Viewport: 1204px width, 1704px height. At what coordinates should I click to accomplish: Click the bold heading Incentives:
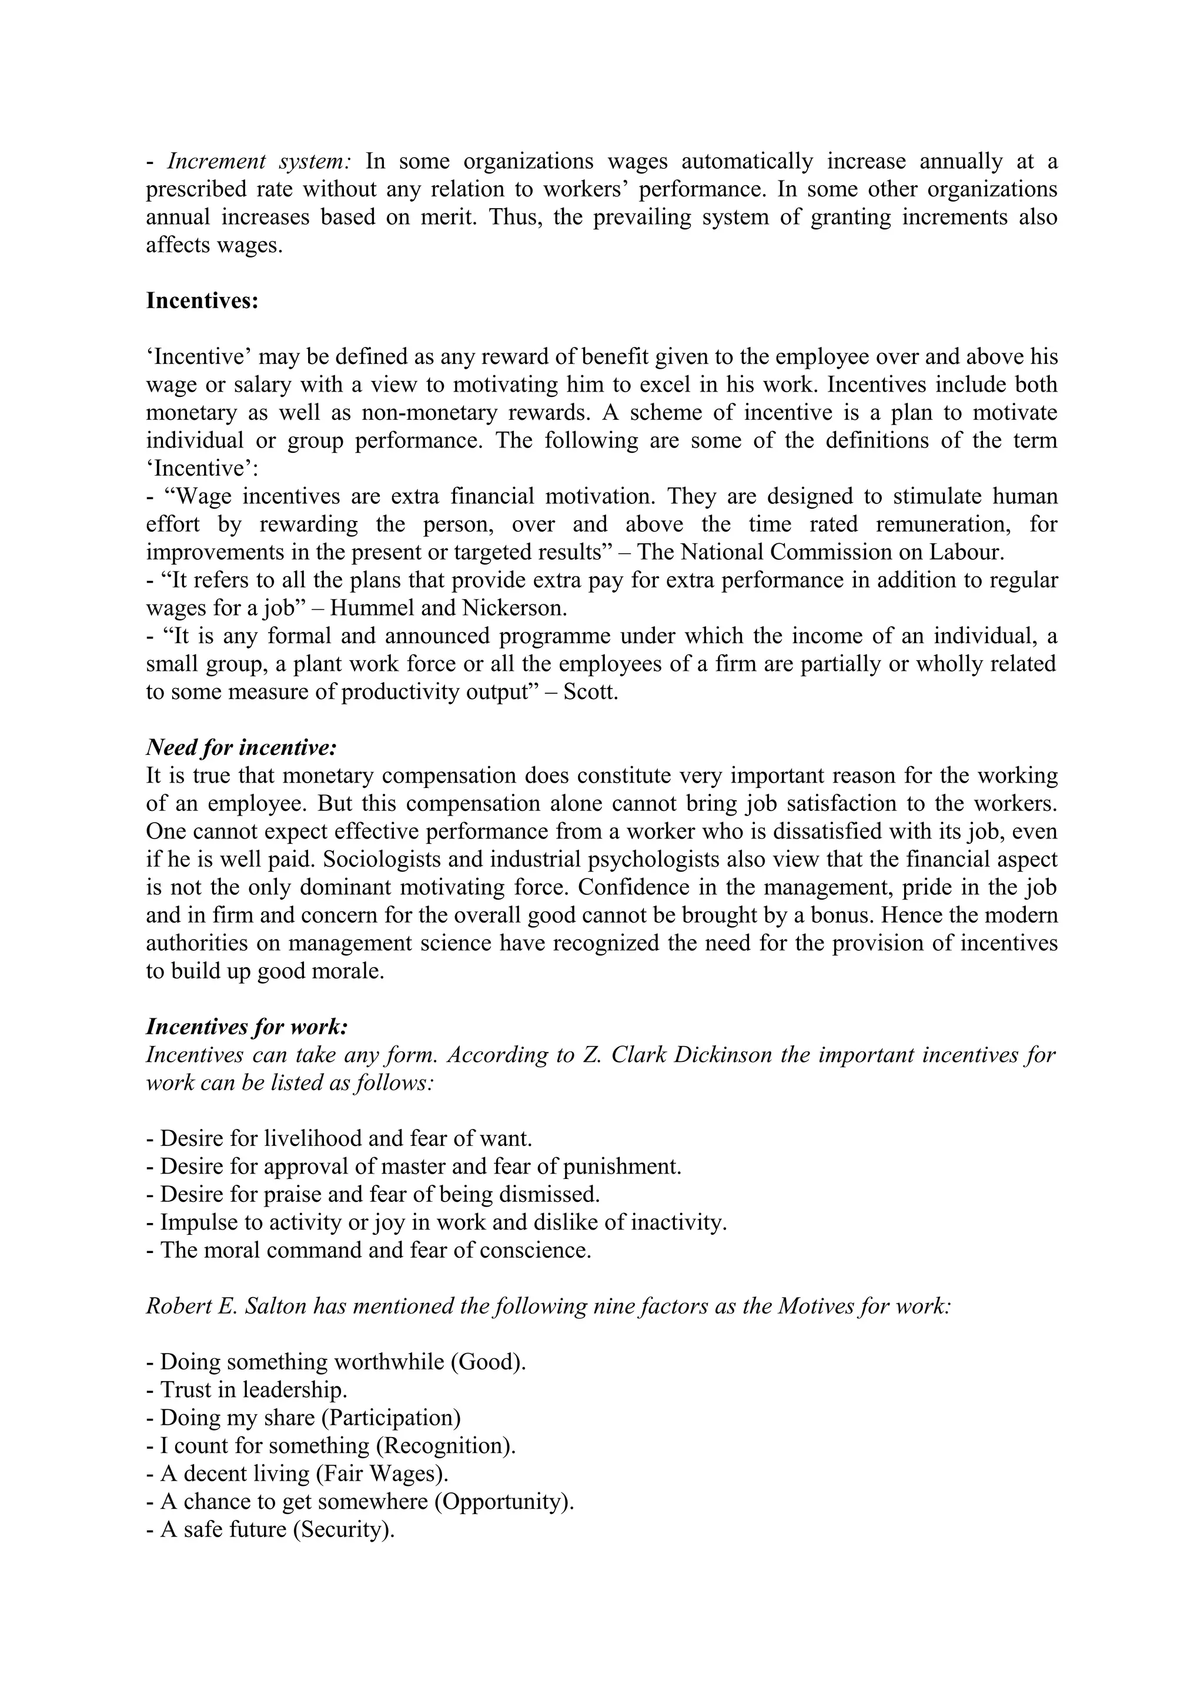pos(202,301)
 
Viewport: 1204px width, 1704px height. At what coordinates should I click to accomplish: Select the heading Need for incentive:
pos(241,747)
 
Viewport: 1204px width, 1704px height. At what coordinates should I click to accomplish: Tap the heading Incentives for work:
pos(247,1027)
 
